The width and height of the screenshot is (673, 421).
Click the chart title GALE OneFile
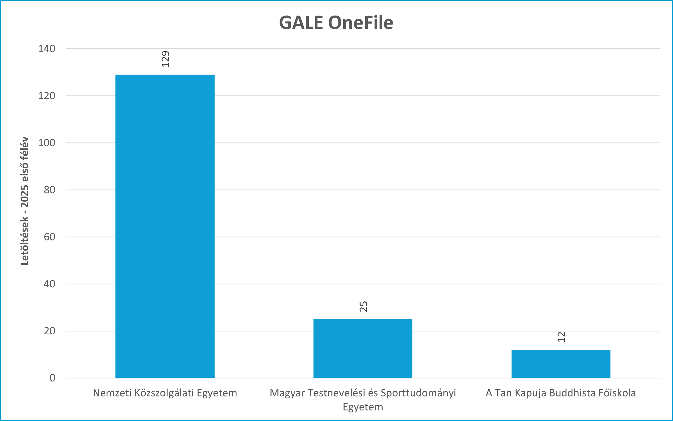pyautogui.click(x=336, y=23)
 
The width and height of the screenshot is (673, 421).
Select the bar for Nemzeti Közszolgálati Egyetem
pyautogui.click(x=165, y=226)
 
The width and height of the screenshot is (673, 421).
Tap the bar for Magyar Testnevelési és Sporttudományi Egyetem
pyautogui.click(x=363, y=348)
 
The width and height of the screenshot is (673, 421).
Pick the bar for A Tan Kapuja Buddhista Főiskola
pyautogui.click(x=561, y=364)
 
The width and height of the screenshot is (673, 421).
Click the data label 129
pyautogui.click(x=165, y=59)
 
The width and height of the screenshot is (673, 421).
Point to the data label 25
pyautogui.click(x=363, y=307)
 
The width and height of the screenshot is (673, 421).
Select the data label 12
pyautogui.click(x=561, y=337)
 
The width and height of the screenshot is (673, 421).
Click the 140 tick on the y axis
pyautogui.click(x=47, y=49)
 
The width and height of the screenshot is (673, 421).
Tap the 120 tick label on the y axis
pyautogui.click(x=47, y=96)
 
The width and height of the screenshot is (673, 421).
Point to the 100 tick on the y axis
pyautogui.click(x=47, y=143)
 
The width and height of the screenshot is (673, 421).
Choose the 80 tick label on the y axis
pyautogui.click(x=49, y=190)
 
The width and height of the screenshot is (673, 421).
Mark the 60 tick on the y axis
pyautogui.click(x=49, y=237)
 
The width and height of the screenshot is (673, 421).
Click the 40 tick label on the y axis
pyautogui.click(x=49, y=284)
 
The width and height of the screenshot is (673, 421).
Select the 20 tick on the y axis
pyautogui.click(x=49, y=331)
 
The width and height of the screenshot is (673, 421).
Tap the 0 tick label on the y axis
pyautogui.click(x=52, y=378)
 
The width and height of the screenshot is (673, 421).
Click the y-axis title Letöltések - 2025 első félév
pyautogui.click(x=25, y=201)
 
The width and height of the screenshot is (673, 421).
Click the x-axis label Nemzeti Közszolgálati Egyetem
pyautogui.click(x=165, y=393)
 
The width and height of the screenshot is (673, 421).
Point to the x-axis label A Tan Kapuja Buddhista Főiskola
pyautogui.click(x=561, y=393)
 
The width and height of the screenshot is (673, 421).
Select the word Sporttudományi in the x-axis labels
pyautogui.click(x=418, y=393)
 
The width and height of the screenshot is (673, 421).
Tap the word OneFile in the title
pyautogui.click(x=361, y=23)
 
